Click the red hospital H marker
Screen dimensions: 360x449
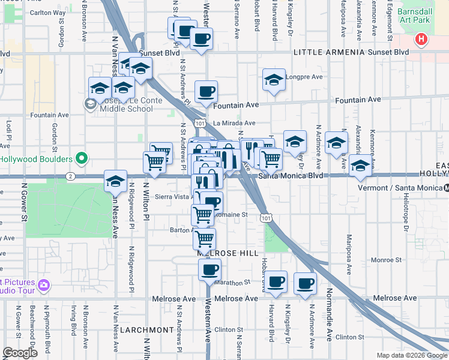[421, 40]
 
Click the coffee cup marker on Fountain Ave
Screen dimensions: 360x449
[206, 92]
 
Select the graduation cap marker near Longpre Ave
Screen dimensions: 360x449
[274, 80]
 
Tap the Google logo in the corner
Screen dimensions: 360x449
[20, 353]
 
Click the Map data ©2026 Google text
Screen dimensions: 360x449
[412, 355]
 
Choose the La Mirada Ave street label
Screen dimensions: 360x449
[234, 123]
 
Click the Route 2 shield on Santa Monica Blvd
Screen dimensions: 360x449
[70, 176]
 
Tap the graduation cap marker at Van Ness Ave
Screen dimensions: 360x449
[115, 181]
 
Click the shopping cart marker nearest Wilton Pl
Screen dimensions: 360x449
[154, 162]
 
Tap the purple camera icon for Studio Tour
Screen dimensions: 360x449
[43, 284]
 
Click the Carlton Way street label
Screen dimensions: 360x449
[47, 12]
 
